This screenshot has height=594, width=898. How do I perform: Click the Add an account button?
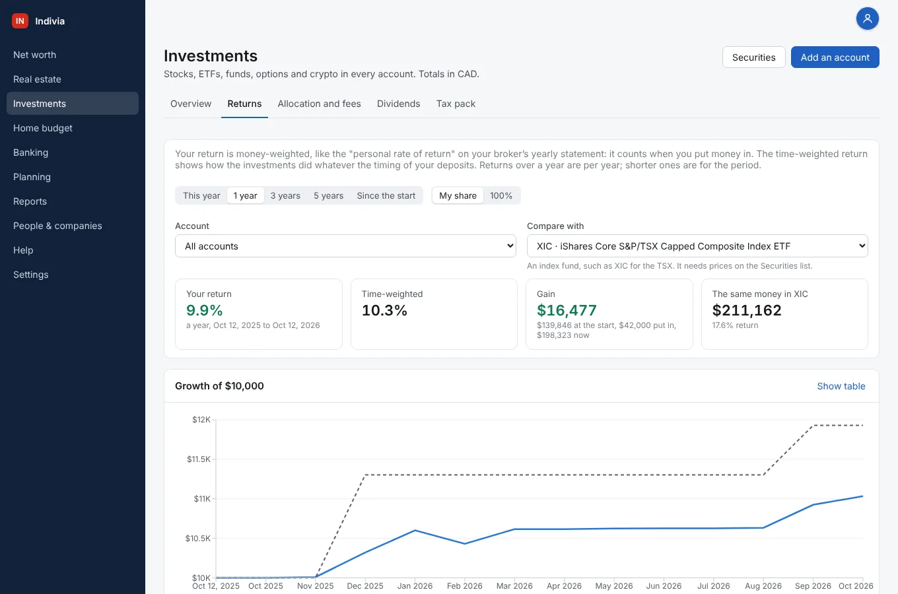tap(835, 57)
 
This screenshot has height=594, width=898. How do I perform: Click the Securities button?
tap(753, 57)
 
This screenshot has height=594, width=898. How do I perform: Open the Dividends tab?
tap(399, 104)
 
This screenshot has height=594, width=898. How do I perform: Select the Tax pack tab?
tap(456, 104)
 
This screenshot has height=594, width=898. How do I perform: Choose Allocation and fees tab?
tap(319, 104)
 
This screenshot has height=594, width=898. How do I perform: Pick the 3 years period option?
tap(285, 195)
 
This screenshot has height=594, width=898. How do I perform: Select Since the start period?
tap(386, 195)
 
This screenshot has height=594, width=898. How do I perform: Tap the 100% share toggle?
tap(501, 195)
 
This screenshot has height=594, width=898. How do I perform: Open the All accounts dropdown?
tap(345, 246)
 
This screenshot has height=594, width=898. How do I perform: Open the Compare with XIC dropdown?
tap(697, 246)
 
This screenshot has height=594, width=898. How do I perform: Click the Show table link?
tap(841, 386)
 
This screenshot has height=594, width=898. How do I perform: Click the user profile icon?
tap(868, 19)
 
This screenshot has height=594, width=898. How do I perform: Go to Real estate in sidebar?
tap(37, 79)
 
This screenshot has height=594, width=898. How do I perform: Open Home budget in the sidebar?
tap(43, 128)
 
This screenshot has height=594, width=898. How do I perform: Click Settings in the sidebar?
tap(31, 275)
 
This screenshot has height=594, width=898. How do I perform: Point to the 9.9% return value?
tap(205, 310)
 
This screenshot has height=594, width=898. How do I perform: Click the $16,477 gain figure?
tap(567, 310)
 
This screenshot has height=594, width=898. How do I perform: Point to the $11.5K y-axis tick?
tap(199, 459)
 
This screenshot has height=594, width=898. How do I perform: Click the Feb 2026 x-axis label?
tap(465, 586)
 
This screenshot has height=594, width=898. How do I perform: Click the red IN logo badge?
tap(20, 21)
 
